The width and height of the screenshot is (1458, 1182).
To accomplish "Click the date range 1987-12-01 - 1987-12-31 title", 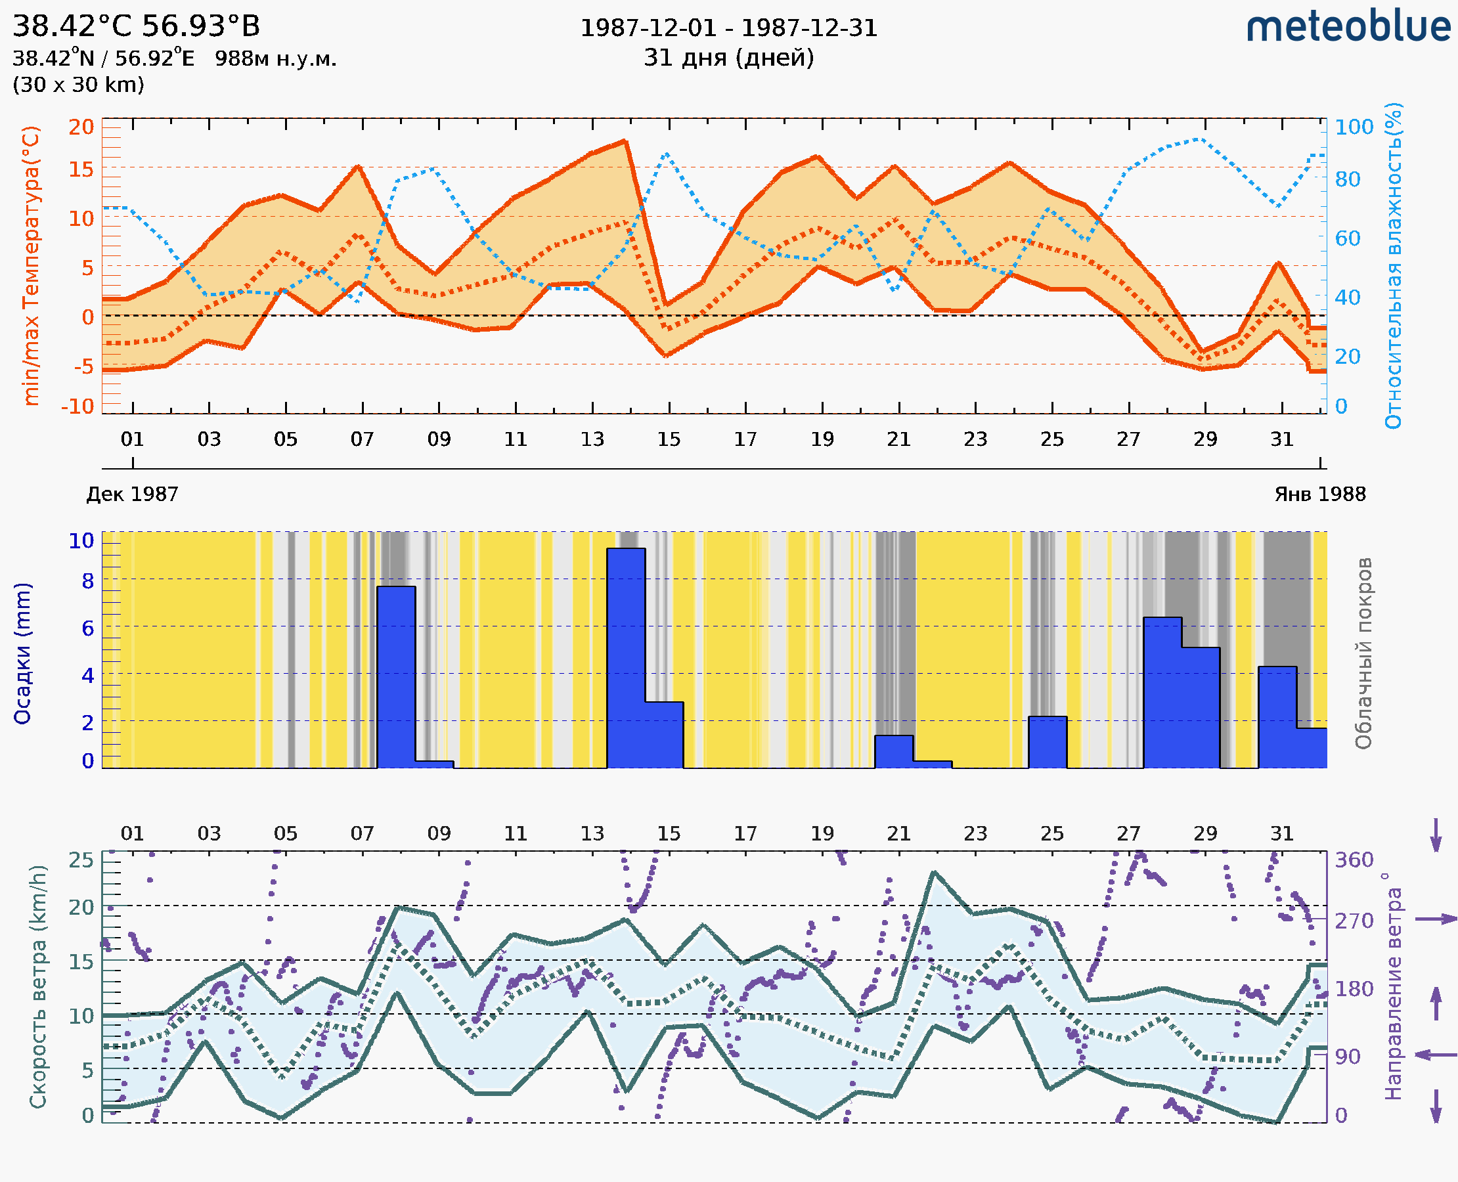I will pos(728,28).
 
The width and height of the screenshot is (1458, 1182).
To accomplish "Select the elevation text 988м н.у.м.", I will pos(275,59).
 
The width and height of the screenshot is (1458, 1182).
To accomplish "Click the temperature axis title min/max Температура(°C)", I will pos(31,265).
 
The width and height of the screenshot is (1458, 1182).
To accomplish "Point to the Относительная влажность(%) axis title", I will pos(1394,265).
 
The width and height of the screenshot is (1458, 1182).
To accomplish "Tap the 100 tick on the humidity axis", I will pos(1354,127).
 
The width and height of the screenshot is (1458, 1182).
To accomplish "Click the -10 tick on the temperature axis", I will pos(77,406).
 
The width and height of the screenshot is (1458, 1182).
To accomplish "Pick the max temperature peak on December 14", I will pos(625,142).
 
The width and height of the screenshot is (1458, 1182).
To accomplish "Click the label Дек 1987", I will pos(132,494).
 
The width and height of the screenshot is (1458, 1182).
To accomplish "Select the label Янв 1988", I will pos(1320,494).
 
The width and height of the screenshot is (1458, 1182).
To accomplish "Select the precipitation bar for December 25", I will pos(1048,741).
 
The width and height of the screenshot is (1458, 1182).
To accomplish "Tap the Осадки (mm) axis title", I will pos(22,653).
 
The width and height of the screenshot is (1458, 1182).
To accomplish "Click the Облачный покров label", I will pos(1363,653).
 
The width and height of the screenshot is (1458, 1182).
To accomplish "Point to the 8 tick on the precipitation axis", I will pos(88,581).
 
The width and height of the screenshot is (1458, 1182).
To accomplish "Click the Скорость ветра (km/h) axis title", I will pos(38,986).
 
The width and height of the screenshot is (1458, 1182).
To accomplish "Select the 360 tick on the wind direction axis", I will pos(1354,860).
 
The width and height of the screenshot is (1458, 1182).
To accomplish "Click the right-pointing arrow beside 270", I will pos(1436,919).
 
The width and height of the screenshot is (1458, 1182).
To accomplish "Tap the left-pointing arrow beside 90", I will pos(1436,1055).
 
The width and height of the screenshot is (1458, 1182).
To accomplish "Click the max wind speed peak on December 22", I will pos(934,872).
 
